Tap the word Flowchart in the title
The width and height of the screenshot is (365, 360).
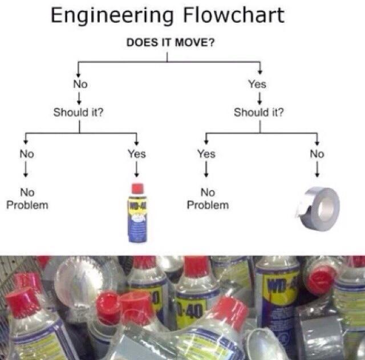pyautogui.click(x=234, y=15)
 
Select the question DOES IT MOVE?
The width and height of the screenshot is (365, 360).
pyautogui.click(x=167, y=43)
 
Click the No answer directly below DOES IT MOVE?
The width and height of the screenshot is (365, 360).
pyautogui.click(x=79, y=84)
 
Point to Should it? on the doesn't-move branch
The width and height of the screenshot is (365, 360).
pyautogui.click(x=79, y=112)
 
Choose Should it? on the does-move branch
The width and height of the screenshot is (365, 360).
pyautogui.click(x=258, y=112)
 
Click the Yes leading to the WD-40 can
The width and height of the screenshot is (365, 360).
pyautogui.click(x=137, y=154)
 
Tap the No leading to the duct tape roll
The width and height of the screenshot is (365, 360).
pyautogui.click(x=317, y=154)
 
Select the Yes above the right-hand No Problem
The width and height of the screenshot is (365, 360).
pyautogui.click(x=206, y=154)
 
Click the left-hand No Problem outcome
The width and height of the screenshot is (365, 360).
pyautogui.click(x=27, y=199)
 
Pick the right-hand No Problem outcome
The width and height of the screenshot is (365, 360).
pyautogui.click(x=208, y=199)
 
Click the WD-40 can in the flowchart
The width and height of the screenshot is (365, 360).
pyautogui.click(x=137, y=214)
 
